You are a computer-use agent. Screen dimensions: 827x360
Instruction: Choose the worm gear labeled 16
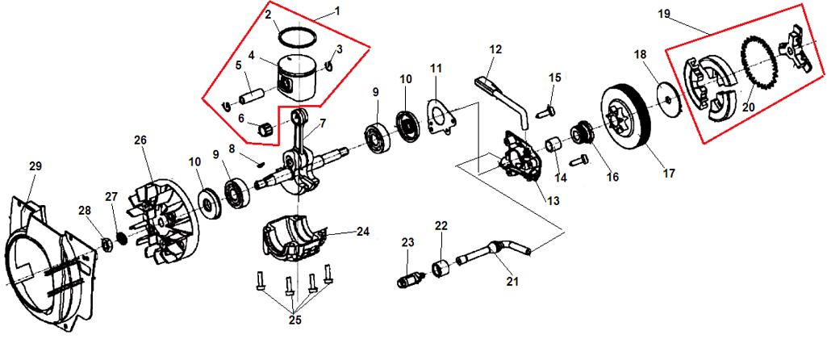point(583,133)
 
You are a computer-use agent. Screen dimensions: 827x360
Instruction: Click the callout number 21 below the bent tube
point(512,282)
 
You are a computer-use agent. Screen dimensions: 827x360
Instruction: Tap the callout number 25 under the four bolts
point(294,320)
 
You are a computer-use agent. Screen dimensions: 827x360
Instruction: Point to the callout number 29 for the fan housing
point(36,165)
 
